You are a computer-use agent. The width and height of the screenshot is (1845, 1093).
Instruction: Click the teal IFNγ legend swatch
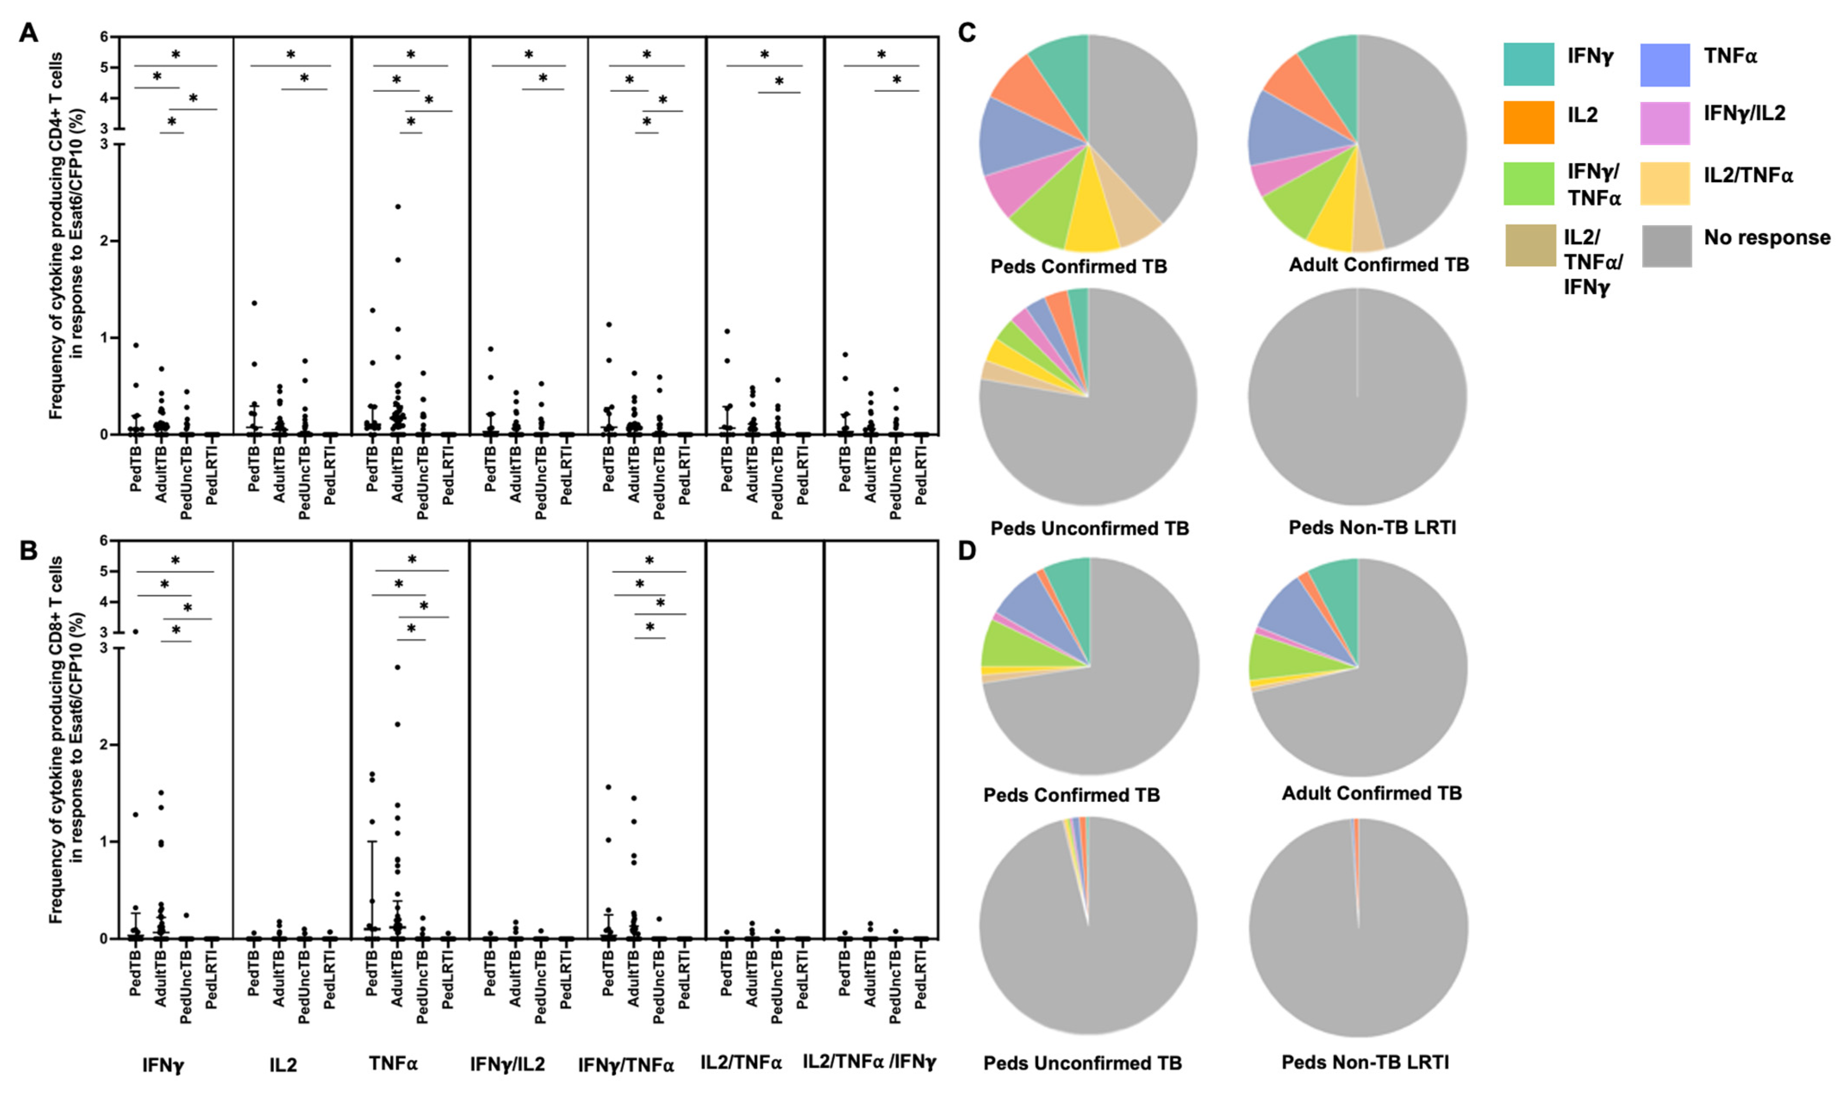coord(1528,64)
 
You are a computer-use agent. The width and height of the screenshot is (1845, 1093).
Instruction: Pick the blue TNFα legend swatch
coord(1664,64)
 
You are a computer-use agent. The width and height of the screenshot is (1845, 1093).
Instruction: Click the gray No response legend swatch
coord(1666,245)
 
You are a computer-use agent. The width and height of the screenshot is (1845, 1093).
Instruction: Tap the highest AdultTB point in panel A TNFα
coord(398,207)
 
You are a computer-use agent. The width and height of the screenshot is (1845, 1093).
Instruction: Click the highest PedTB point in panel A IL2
coord(254,303)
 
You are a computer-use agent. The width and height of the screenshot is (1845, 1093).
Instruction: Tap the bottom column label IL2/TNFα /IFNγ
coord(869,1062)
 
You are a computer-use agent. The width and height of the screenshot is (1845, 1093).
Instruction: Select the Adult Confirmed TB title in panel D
coord(1371,793)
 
